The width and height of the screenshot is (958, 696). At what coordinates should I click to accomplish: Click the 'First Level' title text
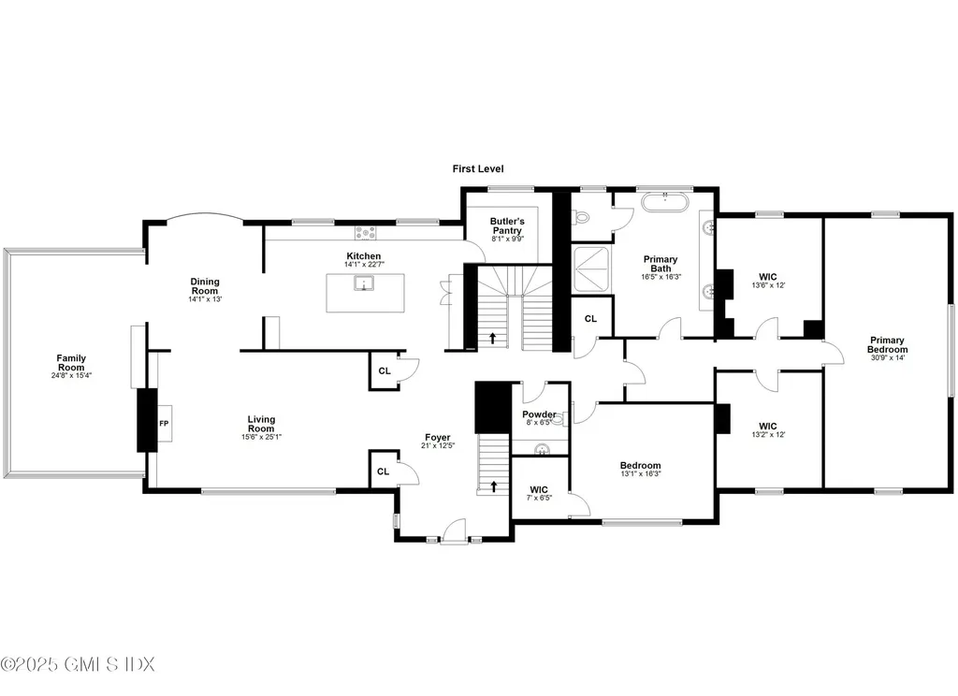point(478,169)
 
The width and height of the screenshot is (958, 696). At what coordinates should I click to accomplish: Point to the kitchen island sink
point(359,284)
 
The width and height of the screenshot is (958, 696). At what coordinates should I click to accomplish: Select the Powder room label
point(539,414)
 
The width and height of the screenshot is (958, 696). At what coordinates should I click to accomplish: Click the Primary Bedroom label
point(888,344)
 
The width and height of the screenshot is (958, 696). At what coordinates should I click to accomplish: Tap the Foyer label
point(437,437)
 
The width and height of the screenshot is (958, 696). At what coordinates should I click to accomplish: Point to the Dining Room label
point(204,285)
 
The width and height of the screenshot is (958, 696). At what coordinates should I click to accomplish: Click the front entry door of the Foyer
point(454,532)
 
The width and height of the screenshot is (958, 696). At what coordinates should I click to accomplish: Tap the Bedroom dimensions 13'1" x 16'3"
point(640,473)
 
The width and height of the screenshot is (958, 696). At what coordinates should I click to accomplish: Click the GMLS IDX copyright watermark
point(78,664)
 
